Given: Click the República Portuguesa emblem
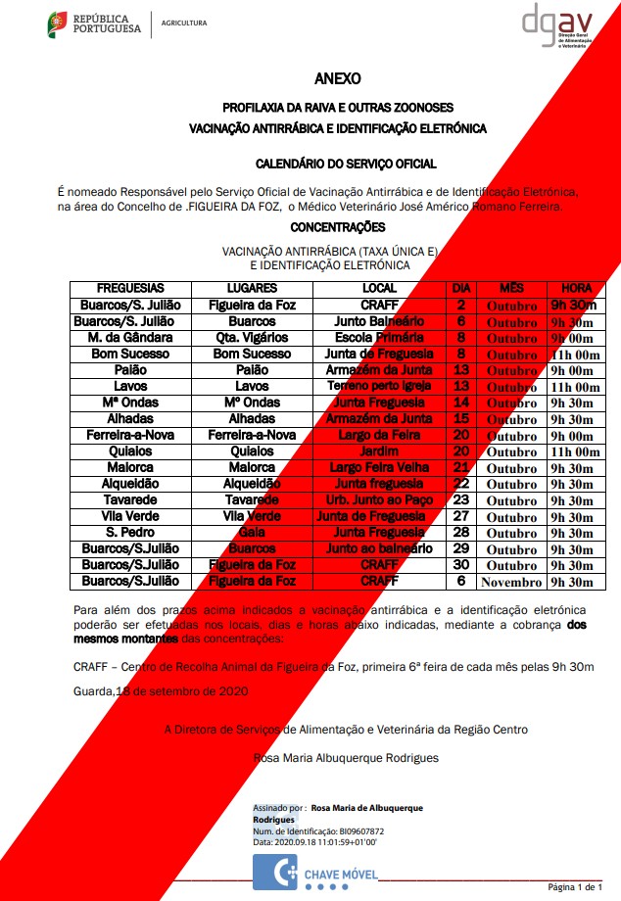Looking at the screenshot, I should (x=59, y=25).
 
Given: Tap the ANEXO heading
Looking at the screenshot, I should (x=337, y=78).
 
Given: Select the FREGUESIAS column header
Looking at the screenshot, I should (x=130, y=289).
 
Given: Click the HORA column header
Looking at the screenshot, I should (x=576, y=289).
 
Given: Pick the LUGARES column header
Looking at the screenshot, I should (x=252, y=289).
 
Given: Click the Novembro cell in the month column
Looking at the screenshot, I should (x=511, y=582).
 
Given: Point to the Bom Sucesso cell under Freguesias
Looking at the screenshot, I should (x=130, y=354).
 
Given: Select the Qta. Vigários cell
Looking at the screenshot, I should (x=252, y=338).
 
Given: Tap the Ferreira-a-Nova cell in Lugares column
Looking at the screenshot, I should (x=252, y=435).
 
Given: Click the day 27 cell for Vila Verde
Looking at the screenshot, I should (x=461, y=516).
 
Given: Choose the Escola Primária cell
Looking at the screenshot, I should (x=379, y=338).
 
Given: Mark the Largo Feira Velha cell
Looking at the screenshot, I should (x=379, y=468).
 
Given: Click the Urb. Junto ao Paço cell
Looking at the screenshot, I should (x=379, y=500).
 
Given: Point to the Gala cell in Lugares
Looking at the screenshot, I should (x=252, y=533).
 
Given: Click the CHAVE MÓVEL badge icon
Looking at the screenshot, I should (x=284, y=870).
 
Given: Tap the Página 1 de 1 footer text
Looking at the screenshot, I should (x=575, y=886).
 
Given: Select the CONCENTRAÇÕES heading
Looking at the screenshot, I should (x=337, y=227).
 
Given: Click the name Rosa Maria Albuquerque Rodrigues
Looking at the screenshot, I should (x=346, y=757).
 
